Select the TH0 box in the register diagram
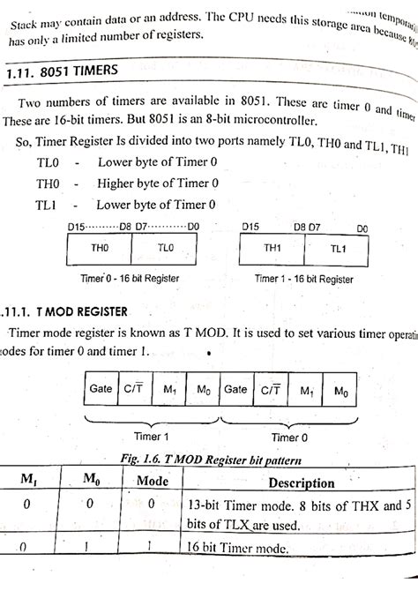99,249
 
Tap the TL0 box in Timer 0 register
166,249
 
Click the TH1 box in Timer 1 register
273,249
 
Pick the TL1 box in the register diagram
339,249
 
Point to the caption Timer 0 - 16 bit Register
130,278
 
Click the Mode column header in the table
152,483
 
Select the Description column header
302,483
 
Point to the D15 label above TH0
78,227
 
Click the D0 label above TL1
362,228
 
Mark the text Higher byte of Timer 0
158,183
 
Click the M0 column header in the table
89,481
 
